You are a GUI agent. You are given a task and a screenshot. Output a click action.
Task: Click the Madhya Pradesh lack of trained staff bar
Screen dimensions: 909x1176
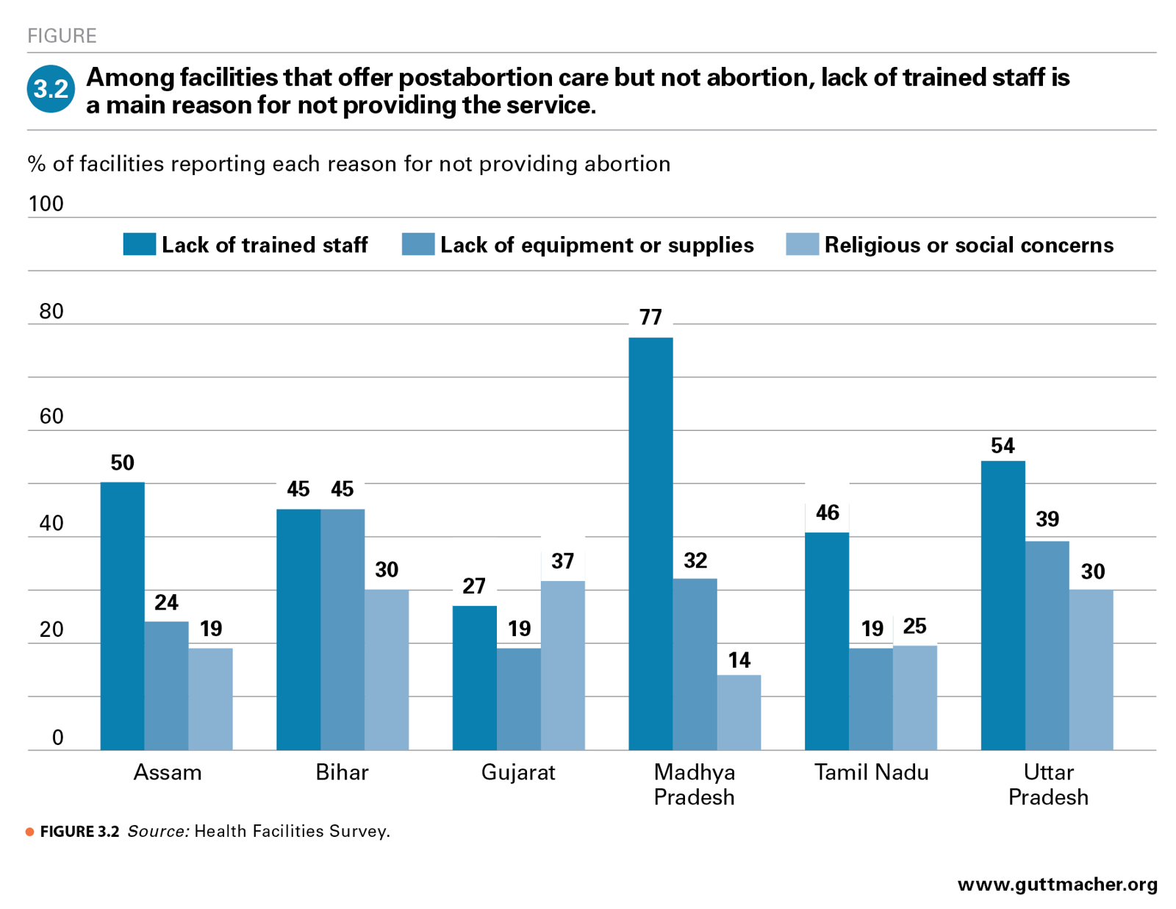pos(650,544)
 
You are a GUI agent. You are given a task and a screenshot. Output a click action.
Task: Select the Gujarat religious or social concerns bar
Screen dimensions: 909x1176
pos(562,666)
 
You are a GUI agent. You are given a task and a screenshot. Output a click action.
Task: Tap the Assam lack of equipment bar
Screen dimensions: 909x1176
pos(166,685)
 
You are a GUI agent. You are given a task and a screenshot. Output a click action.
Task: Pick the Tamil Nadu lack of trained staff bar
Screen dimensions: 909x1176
pos(827,641)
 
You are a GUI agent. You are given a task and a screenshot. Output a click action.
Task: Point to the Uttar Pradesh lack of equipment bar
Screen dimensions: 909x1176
pos(1047,646)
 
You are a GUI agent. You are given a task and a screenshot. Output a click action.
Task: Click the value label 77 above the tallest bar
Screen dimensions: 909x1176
pos(650,317)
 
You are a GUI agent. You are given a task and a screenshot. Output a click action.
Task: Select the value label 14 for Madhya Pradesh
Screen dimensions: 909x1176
pos(739,660)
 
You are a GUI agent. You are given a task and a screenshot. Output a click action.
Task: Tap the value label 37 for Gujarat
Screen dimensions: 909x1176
pos(562,561)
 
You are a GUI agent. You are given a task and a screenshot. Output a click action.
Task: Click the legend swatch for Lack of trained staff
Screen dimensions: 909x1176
pos(139,244)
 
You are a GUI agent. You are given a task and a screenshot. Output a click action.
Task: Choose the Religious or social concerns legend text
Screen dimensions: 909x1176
pos(968,245)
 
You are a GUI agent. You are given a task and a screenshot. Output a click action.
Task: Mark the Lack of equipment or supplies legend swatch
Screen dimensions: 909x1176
pos(417,244)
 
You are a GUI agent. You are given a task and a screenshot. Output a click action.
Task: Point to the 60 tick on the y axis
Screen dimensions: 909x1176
pos(51,416)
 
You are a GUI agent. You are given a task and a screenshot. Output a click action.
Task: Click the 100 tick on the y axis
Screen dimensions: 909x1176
pos(46,204)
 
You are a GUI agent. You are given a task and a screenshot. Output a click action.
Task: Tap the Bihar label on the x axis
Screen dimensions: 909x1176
pos(342,772)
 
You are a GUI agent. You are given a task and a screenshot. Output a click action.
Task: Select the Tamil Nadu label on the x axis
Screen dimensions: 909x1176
pos(871,772)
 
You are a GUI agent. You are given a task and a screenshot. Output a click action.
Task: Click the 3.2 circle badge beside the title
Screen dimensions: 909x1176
pos(51,89)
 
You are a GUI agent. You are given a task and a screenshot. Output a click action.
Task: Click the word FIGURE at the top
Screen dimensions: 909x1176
pos(62,35)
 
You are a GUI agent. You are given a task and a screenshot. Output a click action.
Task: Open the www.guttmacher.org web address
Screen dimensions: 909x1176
pos(1057,884)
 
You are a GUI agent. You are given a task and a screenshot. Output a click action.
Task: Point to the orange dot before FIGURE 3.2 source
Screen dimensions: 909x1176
pos(30,832)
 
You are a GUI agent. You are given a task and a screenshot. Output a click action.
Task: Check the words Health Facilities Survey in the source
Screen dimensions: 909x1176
pos(291,831)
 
